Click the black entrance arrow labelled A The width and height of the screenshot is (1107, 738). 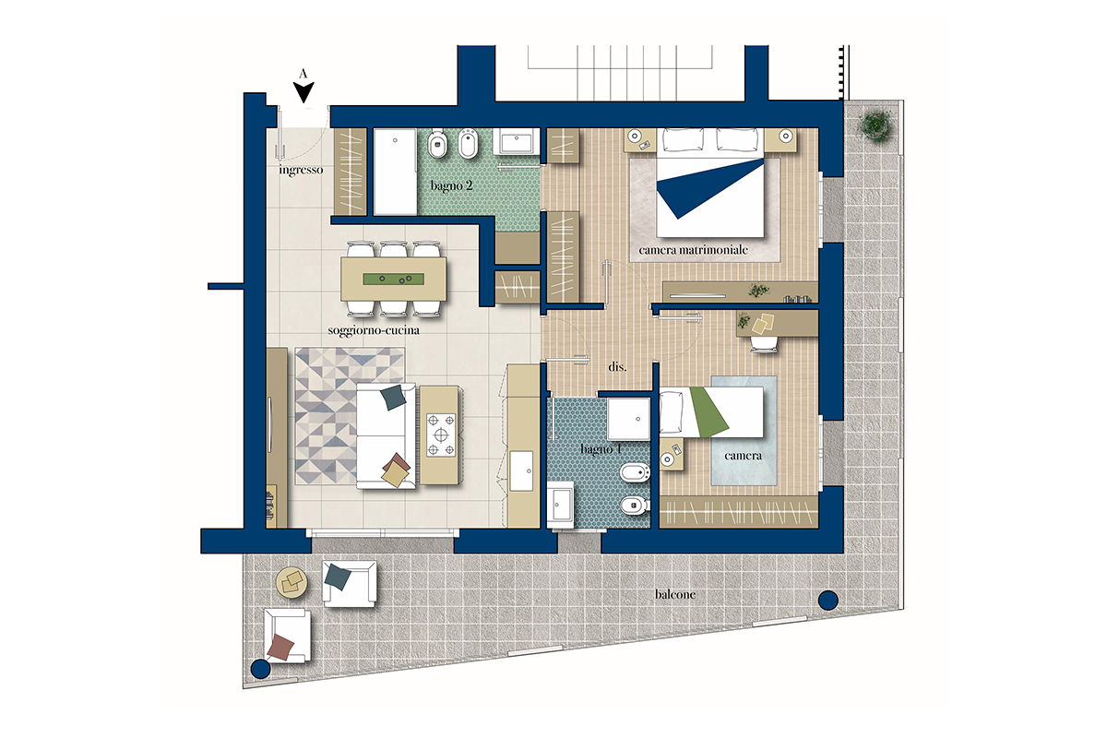pyautogui.click(x=304, y=92)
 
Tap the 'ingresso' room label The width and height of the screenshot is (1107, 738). pyautogui.click(x=301, y=170)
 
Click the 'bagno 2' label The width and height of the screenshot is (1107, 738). pyautogui.click(x=451, y=185)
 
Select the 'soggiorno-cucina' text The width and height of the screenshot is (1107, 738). pyautogui.click(x=374, y=330)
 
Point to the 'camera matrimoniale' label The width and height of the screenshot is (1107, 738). pyautogui.click(x=693, y=250)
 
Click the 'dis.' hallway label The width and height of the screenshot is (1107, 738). pyautogui.click(x=617, y=367)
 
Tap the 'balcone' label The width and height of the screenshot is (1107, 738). pyautogui.click(x=675, y=594)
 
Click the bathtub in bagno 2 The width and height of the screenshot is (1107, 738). pyautogui.click(x=395, y=172)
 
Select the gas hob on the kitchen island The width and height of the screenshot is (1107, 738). pyautogui.click(x=441, y=435)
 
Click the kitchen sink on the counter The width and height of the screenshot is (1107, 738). pyautogui.click(x=521, y=470)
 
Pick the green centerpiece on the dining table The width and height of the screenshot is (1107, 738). pyautogui.click(x=393, y=280)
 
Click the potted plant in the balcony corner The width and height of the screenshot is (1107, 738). pyautogui.click(x=875, y=125)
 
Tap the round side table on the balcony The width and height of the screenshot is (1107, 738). pyautogui.click(x=292, y=583)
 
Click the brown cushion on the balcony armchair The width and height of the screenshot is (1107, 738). pyautogui.click(x=280, y=647)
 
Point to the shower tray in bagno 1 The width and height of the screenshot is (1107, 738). pyautogui.click(x=628, y=419)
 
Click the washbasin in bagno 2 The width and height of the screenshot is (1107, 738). pyautogui.click(x=517, y=141)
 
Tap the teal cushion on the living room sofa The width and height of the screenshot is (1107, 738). pyautogui.click(x=393, y=398)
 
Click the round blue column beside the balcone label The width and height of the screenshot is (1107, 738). pyautogui.click(x=828, y=601)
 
